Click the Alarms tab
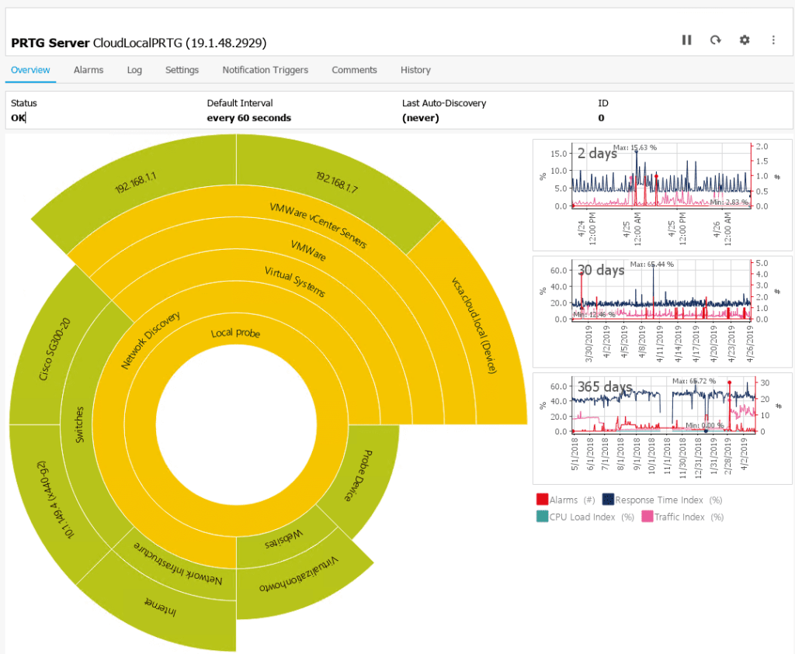[89, 70]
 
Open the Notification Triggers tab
[265, 70]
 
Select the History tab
[415, 70]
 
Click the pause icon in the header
[686, 40]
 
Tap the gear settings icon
[745, 40]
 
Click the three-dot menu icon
[773, 40]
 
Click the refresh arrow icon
[715, 40]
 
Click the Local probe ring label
[235, 334]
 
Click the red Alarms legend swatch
[542, 500]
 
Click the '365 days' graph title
[604, 386]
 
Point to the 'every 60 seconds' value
[248, 118]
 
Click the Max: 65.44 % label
[652, 265]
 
